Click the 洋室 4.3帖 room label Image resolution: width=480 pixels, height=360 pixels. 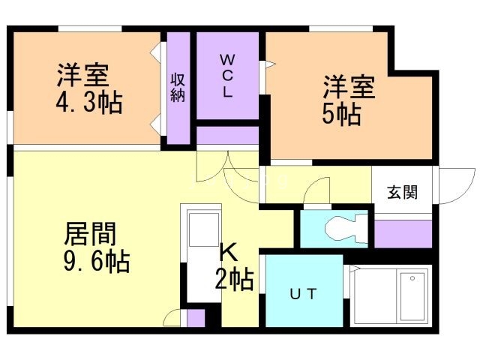pos(88,88)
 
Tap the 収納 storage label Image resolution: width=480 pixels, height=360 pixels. pos(178,87)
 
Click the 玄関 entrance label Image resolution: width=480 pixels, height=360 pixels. pos(403,192)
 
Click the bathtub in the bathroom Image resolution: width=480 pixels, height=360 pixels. pos(413,295)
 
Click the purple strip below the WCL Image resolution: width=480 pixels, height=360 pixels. pos(228,135)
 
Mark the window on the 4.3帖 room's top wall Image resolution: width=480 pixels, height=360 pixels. pos(90,28)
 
